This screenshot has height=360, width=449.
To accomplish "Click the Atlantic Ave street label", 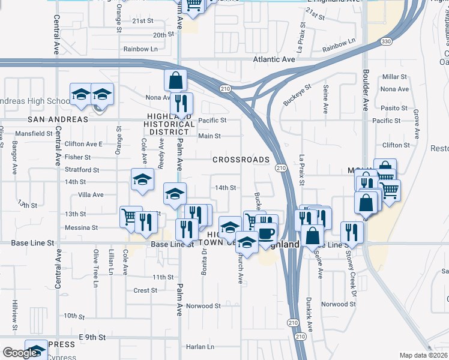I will point(274,59).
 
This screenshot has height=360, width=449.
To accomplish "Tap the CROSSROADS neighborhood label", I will point(241,160).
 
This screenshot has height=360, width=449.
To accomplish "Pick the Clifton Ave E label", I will point(83,144).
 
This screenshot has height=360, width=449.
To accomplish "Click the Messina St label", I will point(82,228).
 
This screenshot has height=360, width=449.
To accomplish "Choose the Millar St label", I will point(394,77).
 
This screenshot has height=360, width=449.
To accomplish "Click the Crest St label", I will point(145,290).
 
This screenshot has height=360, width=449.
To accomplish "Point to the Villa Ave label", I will point(91,195).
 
